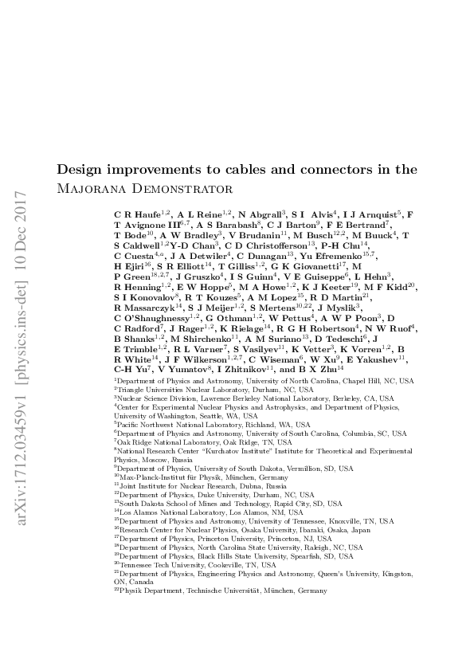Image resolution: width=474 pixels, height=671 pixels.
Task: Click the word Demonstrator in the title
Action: click(177, 190)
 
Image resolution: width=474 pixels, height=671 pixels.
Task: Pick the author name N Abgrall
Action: click(261, 215)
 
